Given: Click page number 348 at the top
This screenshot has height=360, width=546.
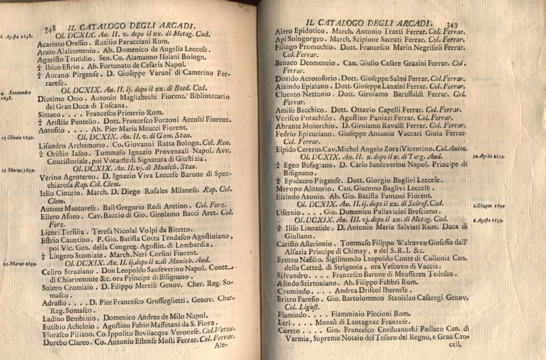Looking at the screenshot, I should point(50,29).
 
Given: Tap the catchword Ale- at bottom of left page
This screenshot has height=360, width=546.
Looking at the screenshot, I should point(221,345).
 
